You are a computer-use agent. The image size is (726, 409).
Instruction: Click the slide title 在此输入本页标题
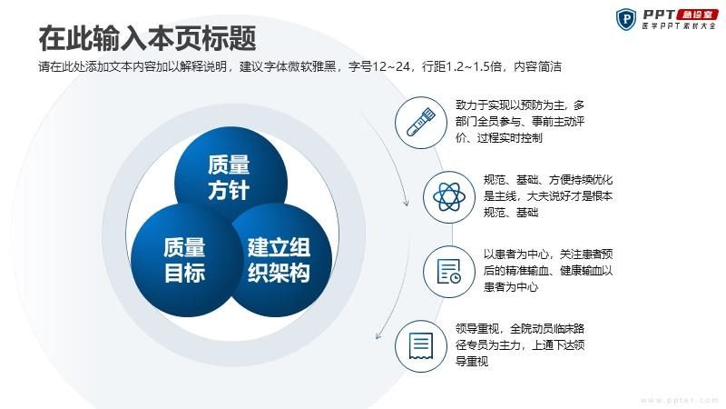pyautogui.click(x=147, y=38)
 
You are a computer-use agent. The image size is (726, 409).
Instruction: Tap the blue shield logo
pyautogui.click(x=626, y=19)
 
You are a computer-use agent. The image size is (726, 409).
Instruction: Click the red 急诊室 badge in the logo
pyautogui.click(x=697, y=15)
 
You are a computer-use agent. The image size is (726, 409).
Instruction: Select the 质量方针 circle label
pyautogui.click(x=229, y=177)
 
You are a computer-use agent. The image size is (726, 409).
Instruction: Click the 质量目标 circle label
pyautogui.click(x=184, y=260)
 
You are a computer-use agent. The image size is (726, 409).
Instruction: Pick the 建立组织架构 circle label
pyautogui.click(x=279, y=260)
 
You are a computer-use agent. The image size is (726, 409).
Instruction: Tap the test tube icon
pyautogui.click(x=421, y=123)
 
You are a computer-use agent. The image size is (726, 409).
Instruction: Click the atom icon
pyautogui.click(x=448, y=196)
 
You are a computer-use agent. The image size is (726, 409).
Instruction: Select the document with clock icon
pyautogui.click(x=448, y=271)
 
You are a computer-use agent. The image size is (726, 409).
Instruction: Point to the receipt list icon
pyautogui.click(x=421, y=345)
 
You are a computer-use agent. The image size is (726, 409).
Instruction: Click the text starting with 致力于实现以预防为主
pyautogui.click(x=520, y=122)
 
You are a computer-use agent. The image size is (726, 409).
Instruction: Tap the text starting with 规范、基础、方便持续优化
pyautogui.click(x=548, y=196)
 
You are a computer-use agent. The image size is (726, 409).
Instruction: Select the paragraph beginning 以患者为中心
pyautogui.click(x=548, y=270)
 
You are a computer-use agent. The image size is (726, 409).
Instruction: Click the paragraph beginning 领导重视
pyautogui.click(x=520, y=345)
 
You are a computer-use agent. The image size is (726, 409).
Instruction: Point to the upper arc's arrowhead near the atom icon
pyautogui.click(x=406, y=202)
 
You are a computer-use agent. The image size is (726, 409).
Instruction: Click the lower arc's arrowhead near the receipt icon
pyautogui.click(x=378, y=335)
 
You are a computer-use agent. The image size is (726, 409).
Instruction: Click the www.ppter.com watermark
pyautogui.click(x=679, y=400)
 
